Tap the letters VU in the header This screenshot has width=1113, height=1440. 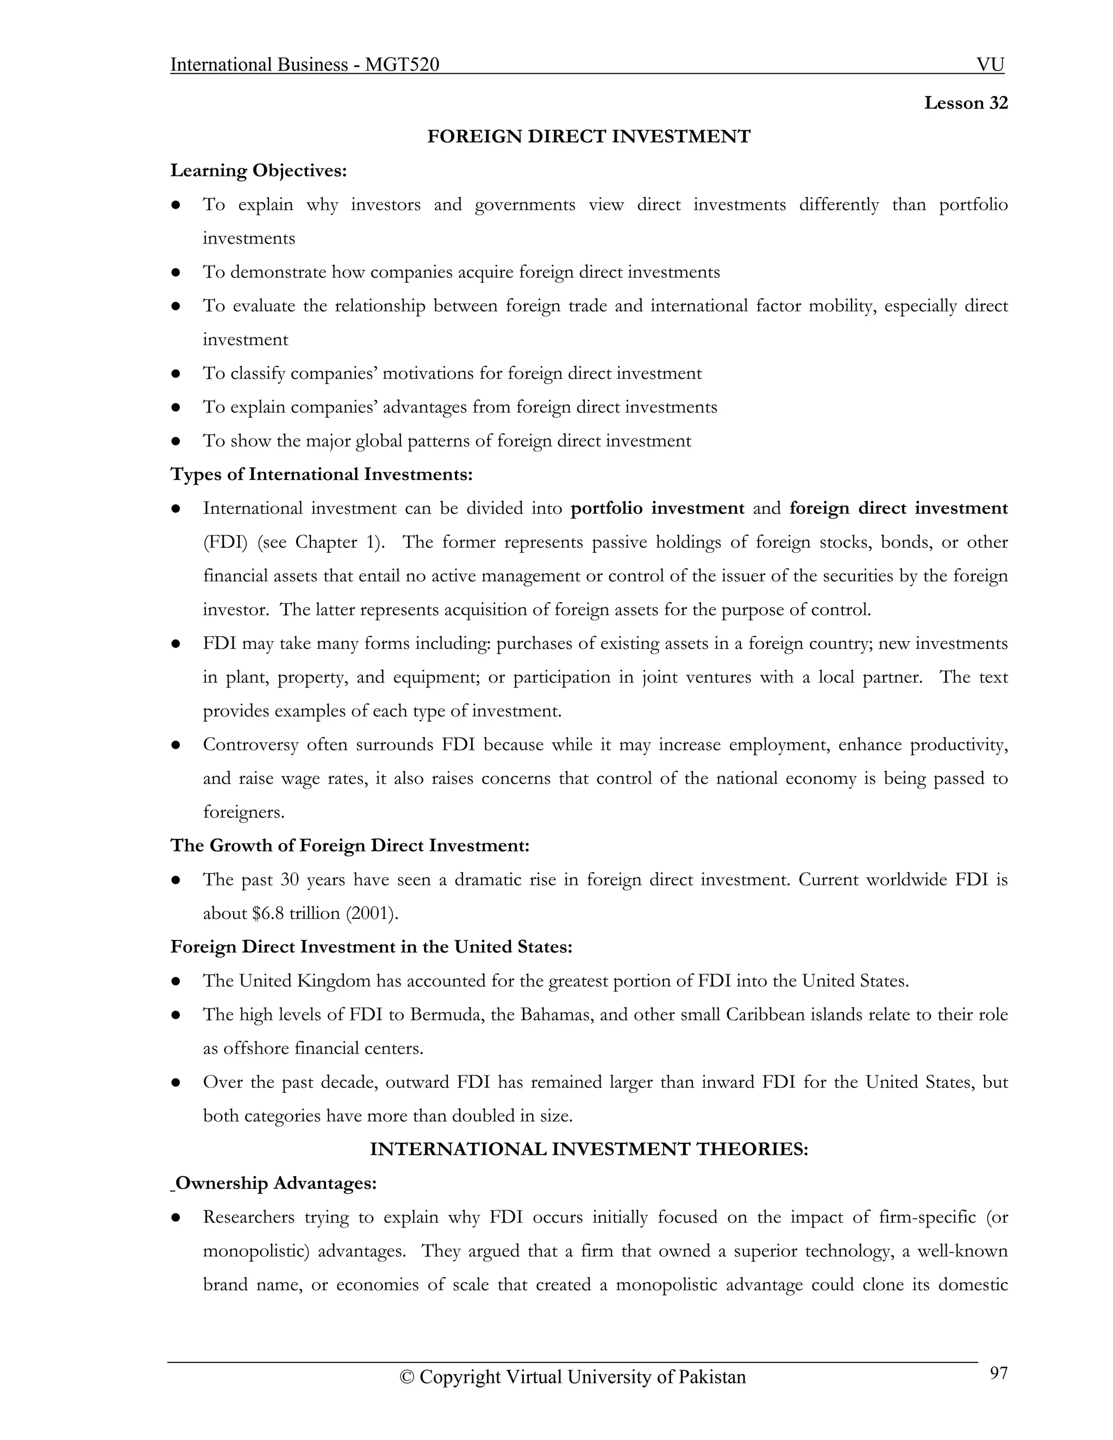click(990, 65)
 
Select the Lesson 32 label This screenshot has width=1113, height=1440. click(965, 103)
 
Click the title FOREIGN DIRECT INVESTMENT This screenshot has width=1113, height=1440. click(588, 136)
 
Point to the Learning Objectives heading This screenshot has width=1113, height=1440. click(259, 171)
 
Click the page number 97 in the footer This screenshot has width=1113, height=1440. click(998, 1373)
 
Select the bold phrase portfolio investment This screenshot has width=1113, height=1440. click(656, 509)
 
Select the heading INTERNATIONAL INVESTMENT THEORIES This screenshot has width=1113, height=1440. click(588, 1149)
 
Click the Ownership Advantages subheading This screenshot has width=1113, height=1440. click(276, 1184)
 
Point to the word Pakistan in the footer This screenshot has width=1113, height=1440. click(711, 1378)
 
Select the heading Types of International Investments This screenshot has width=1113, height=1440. click(321, 475)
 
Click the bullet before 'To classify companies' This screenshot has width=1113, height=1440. click(176, 374)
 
